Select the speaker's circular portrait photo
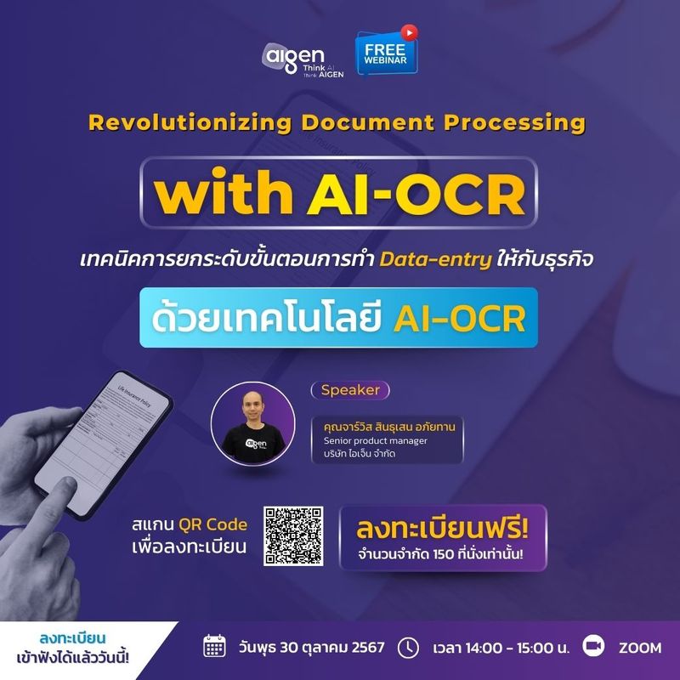(252, 422)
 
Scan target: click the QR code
(293, 536)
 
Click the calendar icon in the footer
(213, 647)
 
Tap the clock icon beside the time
(409, 647)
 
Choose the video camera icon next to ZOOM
(593, 647)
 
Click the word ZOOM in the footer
(639, 648)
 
